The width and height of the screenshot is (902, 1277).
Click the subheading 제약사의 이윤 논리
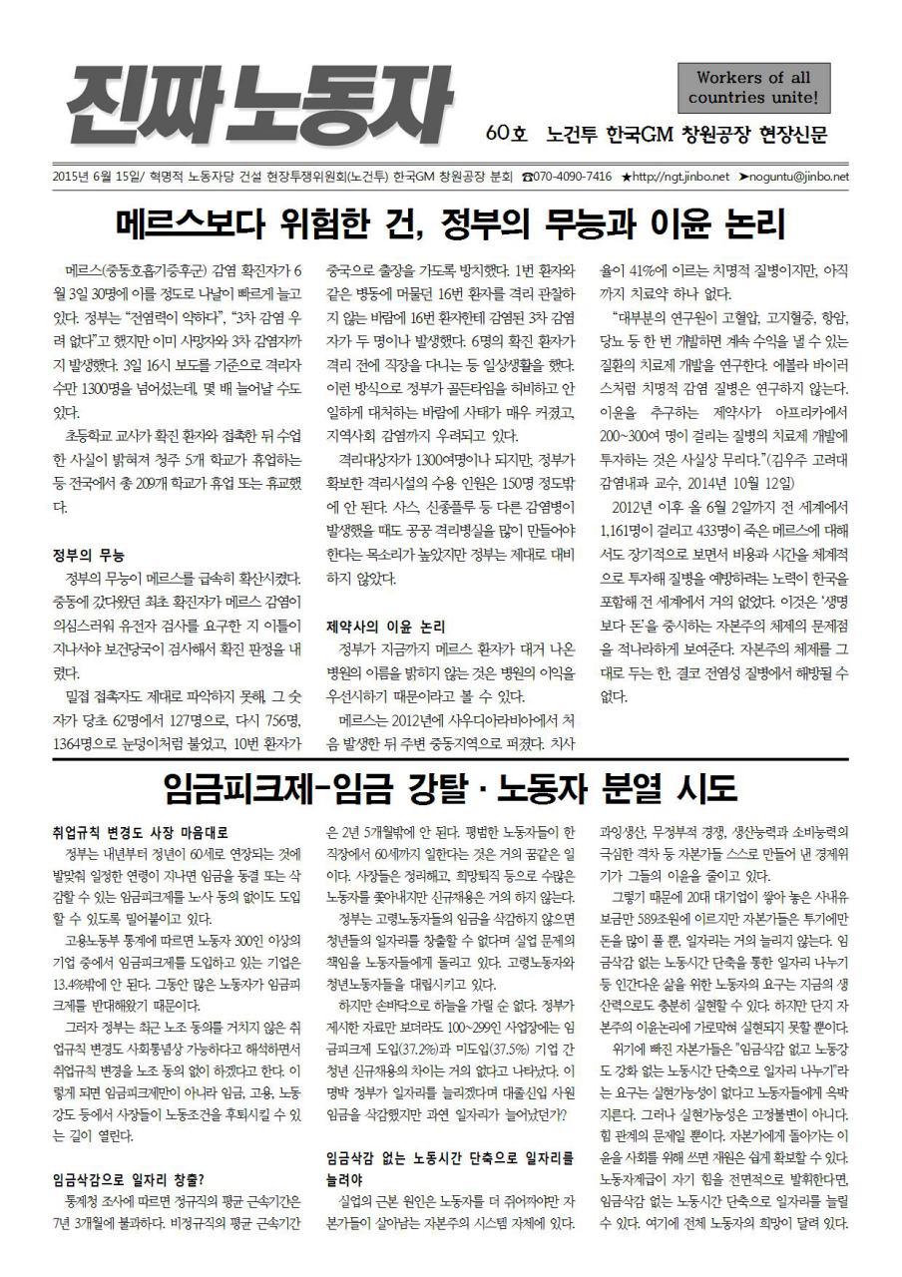point(385,628)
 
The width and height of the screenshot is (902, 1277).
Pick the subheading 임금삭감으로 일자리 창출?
point(129,1178)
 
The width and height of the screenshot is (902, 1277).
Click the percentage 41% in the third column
point(640,269)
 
